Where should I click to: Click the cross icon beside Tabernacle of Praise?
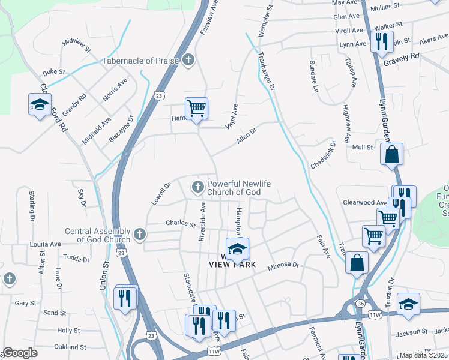click(188, 60)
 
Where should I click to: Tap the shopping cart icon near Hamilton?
click(196, 109)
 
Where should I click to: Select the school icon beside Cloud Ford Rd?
click(40, 104)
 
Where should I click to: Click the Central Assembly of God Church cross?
click(140, 235)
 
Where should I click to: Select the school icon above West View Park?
click(237, 248)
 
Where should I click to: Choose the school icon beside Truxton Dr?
click(408, 304)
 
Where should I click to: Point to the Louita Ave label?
click(46, 244)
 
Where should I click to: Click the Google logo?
click(20, 353)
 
